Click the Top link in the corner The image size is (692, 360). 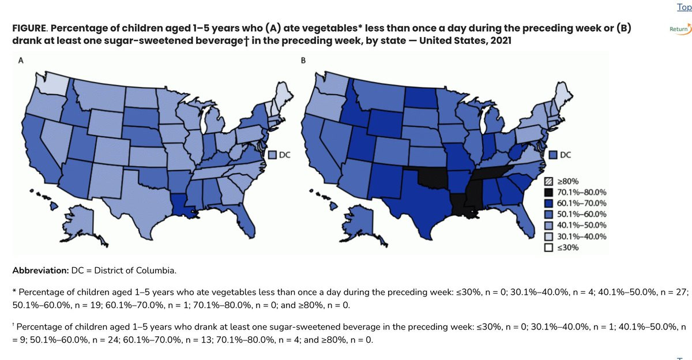[x=684, y=7]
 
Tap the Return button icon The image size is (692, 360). [x=679, y=28]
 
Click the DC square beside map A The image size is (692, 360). [x=273, y=155]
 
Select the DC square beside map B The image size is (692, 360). [x=552, y=155]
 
